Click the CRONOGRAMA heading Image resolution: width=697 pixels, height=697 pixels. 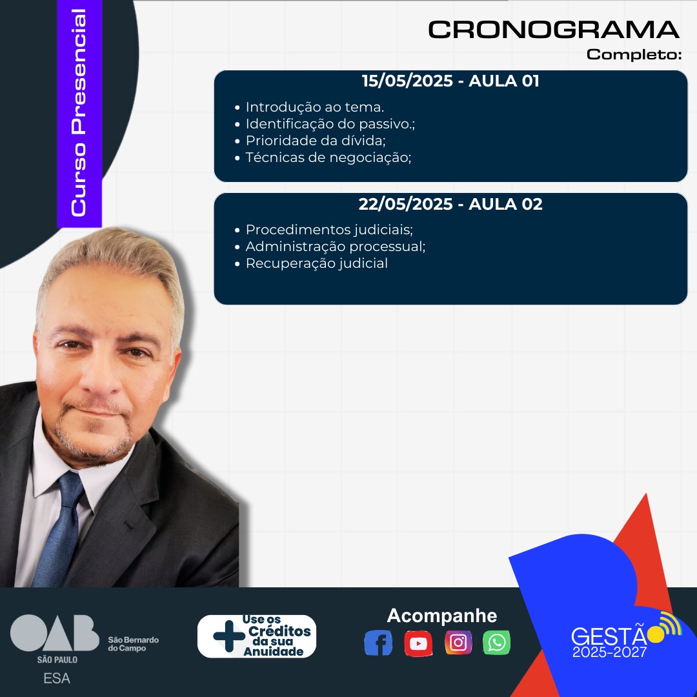pos(554,30)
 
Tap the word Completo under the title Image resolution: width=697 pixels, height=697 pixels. pos(634,54)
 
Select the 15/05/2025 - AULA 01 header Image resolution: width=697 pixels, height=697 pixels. pos(450,81)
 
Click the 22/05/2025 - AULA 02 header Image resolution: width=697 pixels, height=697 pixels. pos(450,204)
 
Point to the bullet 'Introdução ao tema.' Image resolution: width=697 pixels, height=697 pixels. pos(315,107)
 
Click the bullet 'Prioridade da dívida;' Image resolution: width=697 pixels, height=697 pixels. pos(316,141)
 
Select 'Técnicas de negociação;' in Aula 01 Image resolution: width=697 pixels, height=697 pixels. pos(328,158)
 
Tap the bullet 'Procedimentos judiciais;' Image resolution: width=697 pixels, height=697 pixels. pos(329,230)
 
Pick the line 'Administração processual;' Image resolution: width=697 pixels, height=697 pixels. pos(336,247)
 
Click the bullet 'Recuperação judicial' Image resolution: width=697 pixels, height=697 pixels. pos(317,263)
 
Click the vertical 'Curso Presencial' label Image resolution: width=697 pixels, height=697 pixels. pos(79,113)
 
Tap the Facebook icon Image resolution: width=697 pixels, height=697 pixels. pos(378,643)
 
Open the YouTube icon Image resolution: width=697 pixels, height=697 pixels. pos(418,643)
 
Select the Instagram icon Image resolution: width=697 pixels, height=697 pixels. pos(458,643)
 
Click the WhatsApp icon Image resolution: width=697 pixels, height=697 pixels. pos(496,643)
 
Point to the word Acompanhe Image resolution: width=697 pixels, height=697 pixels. pos(442,616)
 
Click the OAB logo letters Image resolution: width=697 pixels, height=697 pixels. pos(55,633)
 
